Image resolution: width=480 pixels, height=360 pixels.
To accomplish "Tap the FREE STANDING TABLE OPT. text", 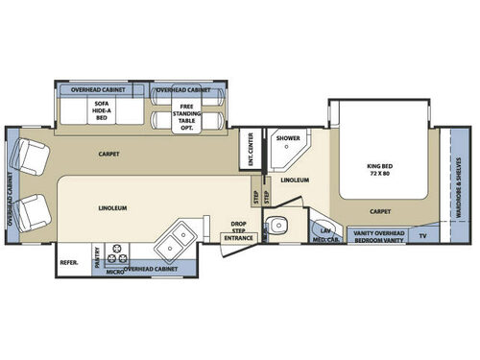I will coord(179,109).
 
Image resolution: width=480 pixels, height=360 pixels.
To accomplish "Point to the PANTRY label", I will coord(97,255).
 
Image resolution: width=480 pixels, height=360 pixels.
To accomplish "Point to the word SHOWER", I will coord(288,137).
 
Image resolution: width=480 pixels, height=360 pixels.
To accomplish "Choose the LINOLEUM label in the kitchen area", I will coord(113,206).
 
